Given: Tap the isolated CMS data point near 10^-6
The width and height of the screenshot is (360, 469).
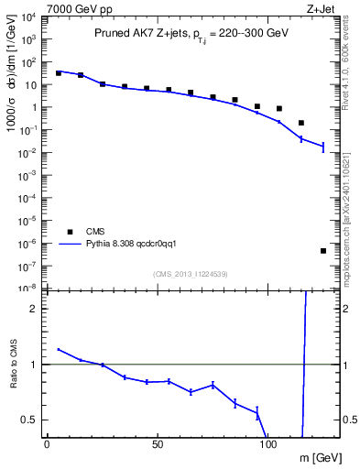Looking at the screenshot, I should (x=323, y=251).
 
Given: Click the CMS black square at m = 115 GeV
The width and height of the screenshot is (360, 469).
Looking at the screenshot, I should (x=301, y=123).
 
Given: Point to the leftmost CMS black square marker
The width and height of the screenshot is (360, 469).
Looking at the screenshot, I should (x=59, y=72).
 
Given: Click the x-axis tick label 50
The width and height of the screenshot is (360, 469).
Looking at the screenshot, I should (x=158, y=443).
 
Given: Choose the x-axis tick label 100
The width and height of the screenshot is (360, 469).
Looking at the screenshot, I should (x=268, y=443).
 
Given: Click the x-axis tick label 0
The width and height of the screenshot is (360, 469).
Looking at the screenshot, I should (x=47, y=443).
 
